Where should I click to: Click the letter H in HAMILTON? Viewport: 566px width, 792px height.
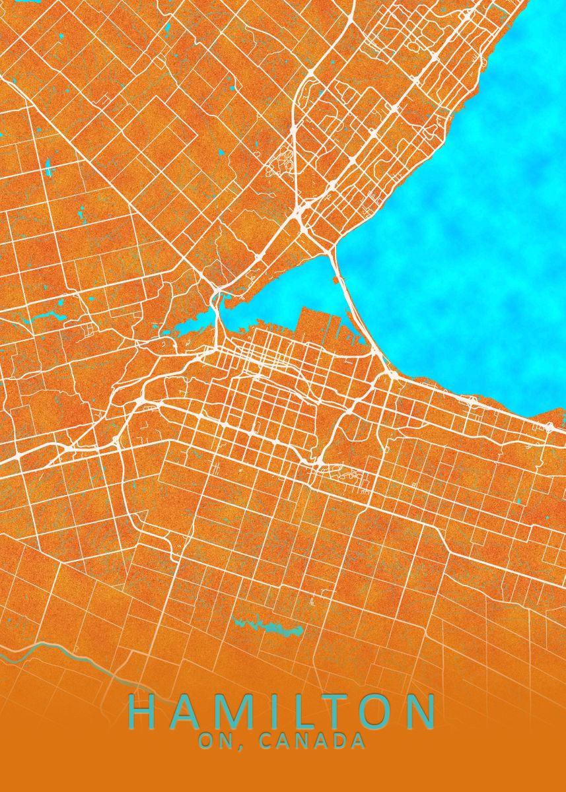144,711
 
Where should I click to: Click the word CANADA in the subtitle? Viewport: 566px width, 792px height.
313,741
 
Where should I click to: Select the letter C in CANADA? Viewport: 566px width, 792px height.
267,741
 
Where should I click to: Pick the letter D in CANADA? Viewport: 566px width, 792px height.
341,741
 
